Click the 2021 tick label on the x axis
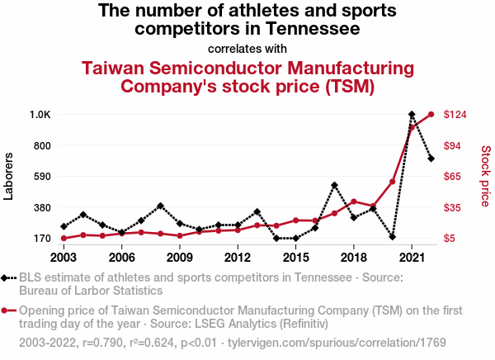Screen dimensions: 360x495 [412, 257]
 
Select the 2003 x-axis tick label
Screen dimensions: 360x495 [64, 257]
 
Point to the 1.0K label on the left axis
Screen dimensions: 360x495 [40, 114]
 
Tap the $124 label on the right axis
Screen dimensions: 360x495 [455, 114]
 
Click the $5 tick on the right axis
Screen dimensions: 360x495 [450, 239]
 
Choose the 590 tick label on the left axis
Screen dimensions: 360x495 [41, 177]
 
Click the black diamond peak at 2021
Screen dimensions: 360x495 [412, 114]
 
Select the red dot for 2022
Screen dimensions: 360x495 [431, 114]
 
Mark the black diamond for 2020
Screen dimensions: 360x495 [393, 237]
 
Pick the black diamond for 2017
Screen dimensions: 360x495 [334, 185]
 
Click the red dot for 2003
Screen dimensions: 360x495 [64, 239]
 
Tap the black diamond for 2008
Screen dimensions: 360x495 [160, 206]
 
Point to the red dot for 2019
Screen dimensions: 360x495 [373, 206]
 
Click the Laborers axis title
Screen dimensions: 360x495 [9, 176]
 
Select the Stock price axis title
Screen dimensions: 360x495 [485, 176]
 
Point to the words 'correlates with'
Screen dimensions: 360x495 [247, 48]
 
